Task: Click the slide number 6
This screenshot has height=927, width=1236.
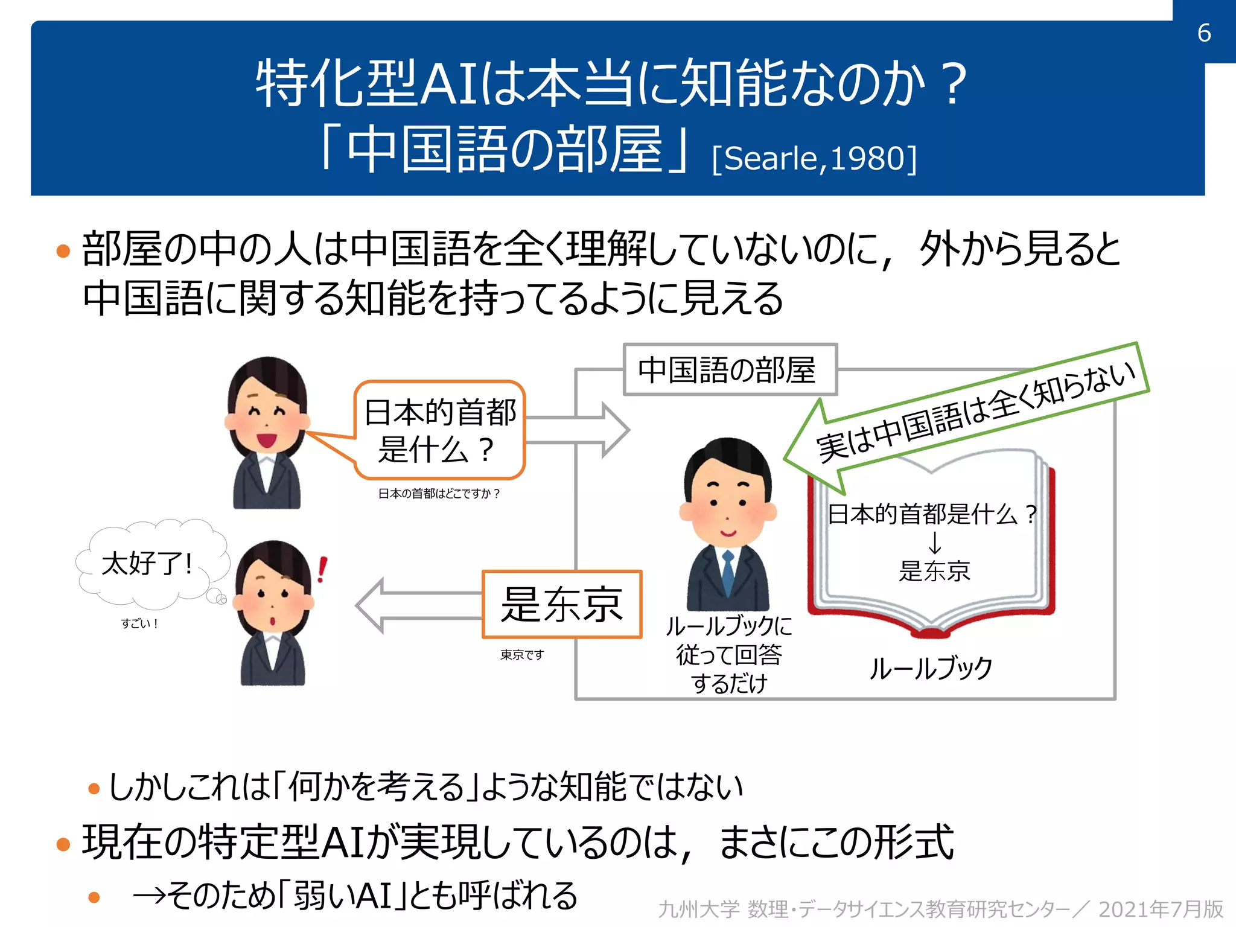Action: pyautogui.click(x=1203, y=33)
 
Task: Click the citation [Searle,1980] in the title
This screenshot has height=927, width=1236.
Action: pyautogui.click(x=814, y=159)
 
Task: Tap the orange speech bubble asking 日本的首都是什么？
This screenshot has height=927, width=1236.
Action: pyautogui.click(x=440, y=430)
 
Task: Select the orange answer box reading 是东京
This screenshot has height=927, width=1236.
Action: pyautogui.click(x=562, y=604)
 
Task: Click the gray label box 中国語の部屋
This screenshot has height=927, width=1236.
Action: pyautogui.click(x=729, y=370)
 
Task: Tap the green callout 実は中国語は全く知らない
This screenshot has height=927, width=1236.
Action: pyautogui.click(x=975, y=410)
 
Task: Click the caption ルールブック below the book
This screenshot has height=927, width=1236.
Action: pyautogui.click(x=931, y=669)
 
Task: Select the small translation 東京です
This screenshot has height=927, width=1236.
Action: pyautogui.click(x=522, y=655)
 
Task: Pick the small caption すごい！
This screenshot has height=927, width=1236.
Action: pyautogui.click(x=139, y=624)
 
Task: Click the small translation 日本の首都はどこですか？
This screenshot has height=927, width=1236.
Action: pyautogui.click(x=439, y=494)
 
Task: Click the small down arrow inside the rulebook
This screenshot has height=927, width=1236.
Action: pyautogui.click(x=934, y=543)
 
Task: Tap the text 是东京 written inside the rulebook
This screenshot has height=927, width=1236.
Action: pyautogui.click(x=934, y=571)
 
